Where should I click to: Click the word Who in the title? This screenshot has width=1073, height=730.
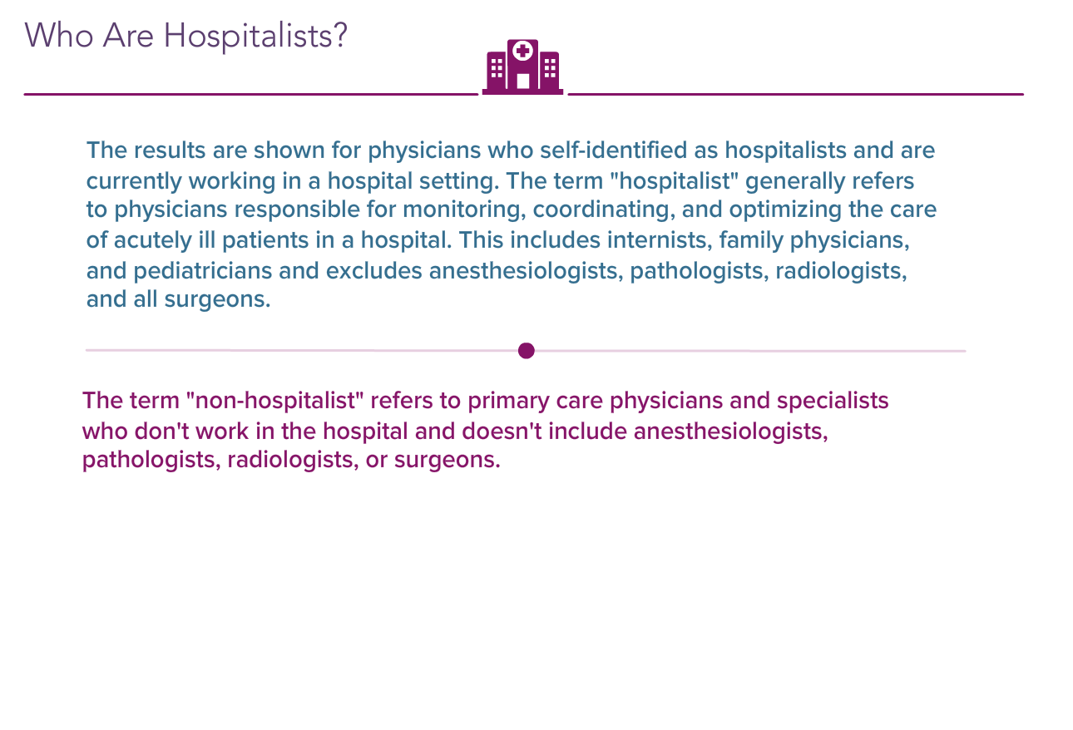[59, 36]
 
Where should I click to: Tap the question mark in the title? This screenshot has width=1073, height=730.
[340, 35]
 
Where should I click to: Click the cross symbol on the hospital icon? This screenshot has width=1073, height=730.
[522, 51]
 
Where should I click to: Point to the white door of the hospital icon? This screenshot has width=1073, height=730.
[522, 81]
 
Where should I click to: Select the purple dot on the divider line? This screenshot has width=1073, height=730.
[526, 350]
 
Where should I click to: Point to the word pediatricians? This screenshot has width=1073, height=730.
[202, 271]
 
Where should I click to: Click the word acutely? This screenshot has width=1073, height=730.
[152, 240]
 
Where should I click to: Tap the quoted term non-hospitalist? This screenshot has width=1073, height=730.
[275, 400]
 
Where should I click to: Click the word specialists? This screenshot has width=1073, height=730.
[833, 401]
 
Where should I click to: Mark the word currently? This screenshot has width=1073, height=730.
[134, 181]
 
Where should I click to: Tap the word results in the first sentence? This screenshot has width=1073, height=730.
[170, 150]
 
